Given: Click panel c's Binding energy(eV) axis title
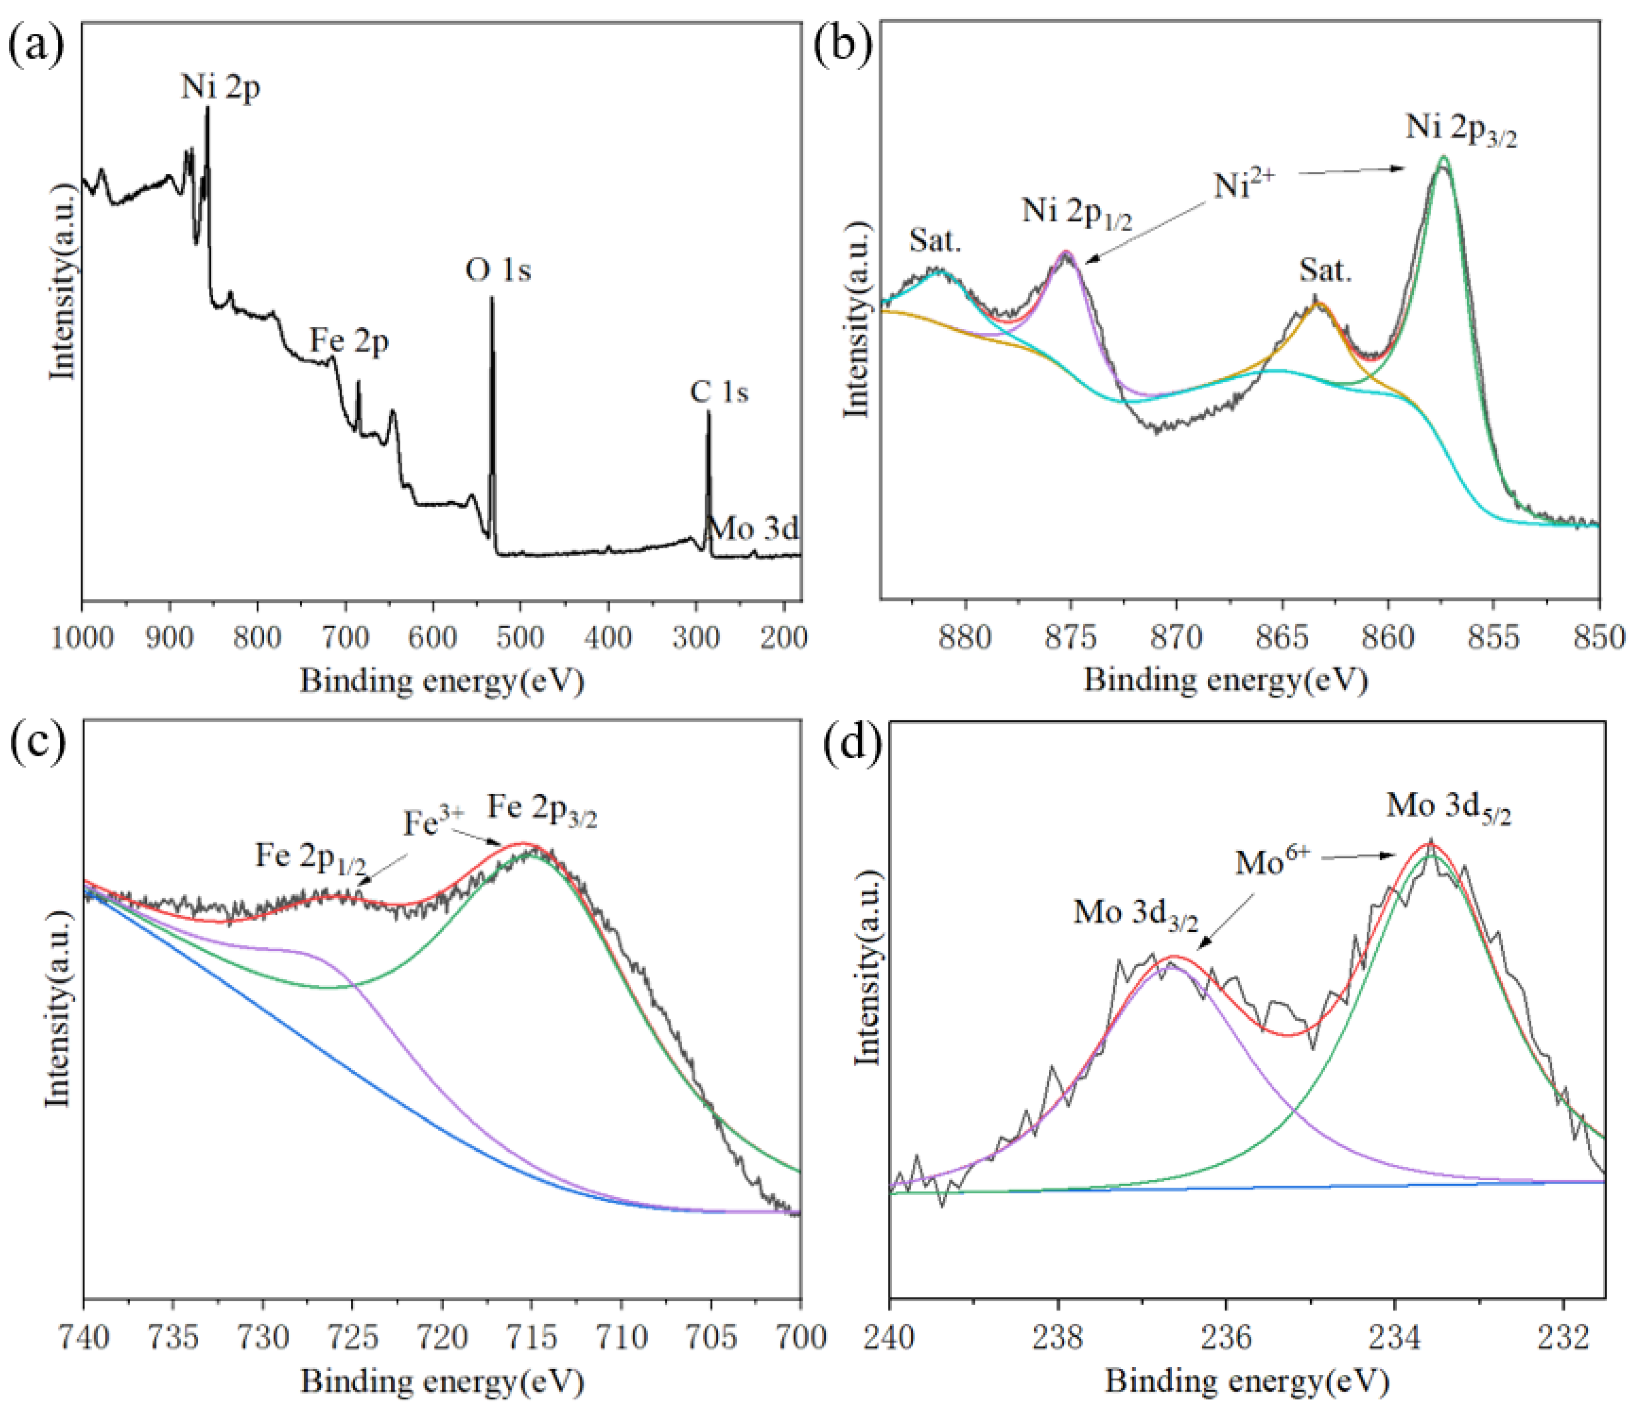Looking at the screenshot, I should [x=442, y=1381].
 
